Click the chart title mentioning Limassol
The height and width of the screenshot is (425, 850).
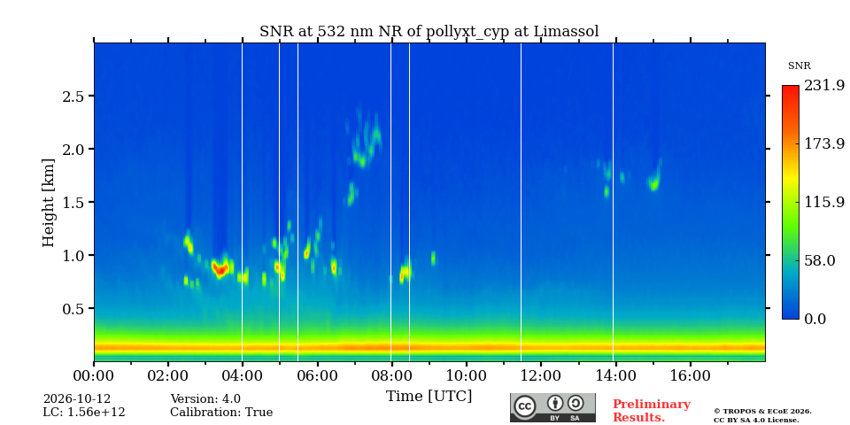click(429, 32)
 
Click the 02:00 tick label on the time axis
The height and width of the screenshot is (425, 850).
click(168, 375)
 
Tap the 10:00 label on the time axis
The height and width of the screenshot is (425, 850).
click(467, 375)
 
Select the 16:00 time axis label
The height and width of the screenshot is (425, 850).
click(690, 375)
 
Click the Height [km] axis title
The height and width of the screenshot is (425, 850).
click(49, 203)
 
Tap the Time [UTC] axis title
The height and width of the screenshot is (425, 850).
click(429, 397)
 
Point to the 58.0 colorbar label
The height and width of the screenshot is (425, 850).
click(819, 260)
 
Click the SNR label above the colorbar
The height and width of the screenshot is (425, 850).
click(799, 66)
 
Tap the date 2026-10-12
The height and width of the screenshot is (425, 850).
click(77, 399)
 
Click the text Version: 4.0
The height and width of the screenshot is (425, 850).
click(205, 399)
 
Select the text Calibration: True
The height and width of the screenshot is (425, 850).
click(221, 413)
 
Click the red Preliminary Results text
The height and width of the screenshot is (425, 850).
click(651, 411)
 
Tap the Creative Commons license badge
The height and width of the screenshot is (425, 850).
click(552, 407)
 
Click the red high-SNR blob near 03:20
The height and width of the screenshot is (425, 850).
click(220, 269)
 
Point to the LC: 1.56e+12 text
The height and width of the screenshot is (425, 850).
click(84, 413)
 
